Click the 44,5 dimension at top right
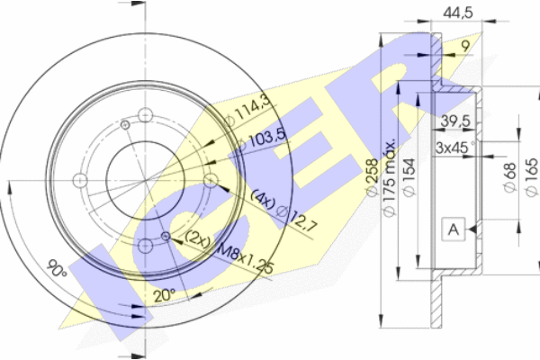458,13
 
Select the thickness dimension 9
465,46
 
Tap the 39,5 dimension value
455,121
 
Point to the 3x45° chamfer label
454,148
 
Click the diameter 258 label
373,177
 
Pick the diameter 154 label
409,177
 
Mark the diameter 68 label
509,177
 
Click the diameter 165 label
531,177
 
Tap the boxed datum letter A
454,229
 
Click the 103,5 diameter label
263,139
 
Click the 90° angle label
57,267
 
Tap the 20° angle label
165,295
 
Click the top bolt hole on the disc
145,114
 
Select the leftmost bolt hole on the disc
80,181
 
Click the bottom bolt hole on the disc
145,246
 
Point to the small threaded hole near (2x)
166,236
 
